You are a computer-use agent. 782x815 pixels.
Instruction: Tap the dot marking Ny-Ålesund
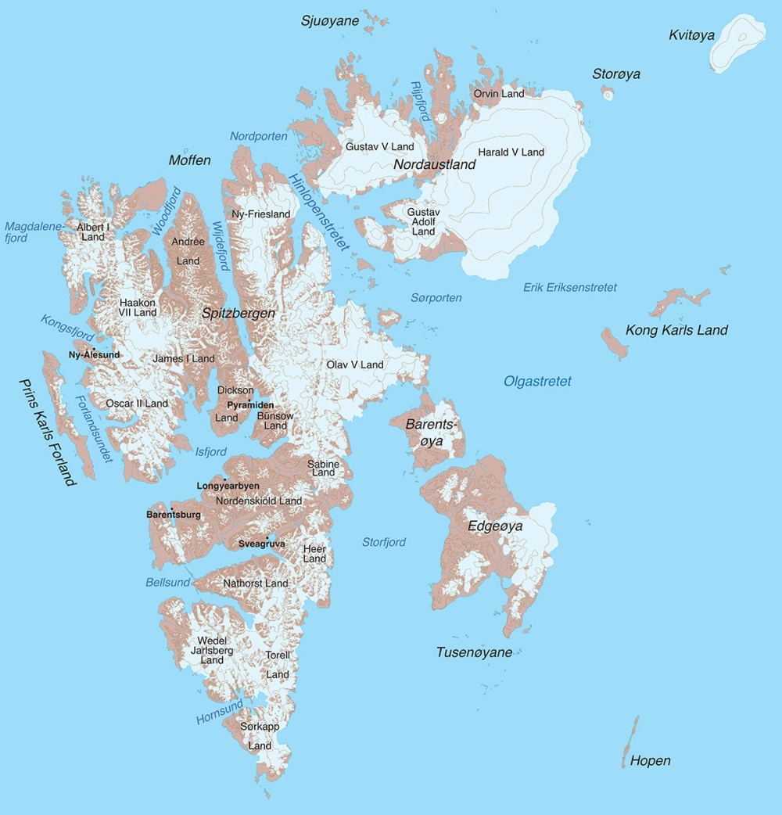(94, 349)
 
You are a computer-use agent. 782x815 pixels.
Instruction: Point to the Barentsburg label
(174, 515)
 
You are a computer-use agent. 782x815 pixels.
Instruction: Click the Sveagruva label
(262, 543)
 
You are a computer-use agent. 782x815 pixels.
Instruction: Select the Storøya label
(616, 74)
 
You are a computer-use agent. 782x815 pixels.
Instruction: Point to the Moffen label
(190, 160)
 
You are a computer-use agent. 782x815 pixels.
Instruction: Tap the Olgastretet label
(537, 382)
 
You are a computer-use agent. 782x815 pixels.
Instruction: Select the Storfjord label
(384, 542)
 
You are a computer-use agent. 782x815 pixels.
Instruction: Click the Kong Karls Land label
(676, 330)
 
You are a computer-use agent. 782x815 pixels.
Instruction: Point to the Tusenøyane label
(475, 652)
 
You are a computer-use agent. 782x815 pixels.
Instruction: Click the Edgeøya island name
(495, 526)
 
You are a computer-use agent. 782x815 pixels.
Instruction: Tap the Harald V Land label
(511, 152)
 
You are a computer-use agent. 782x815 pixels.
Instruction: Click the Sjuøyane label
(330, 21)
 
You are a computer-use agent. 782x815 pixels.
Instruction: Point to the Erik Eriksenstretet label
(570, 288)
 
